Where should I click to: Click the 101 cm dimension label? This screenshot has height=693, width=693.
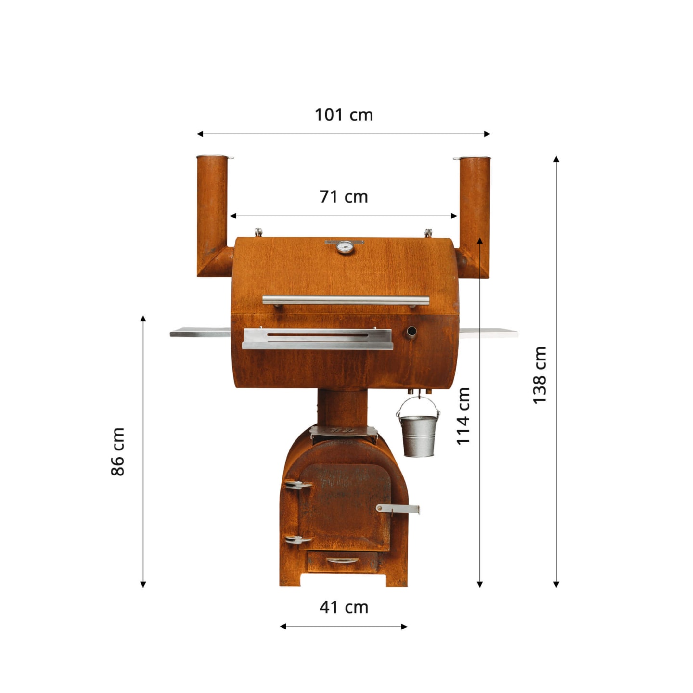344,115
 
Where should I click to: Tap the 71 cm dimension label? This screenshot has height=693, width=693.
344,197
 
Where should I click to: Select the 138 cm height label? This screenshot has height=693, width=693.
539,375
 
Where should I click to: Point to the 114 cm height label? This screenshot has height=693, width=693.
463,416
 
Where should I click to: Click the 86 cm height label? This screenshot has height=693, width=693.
117,452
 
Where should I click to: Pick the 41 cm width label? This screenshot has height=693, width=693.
344,607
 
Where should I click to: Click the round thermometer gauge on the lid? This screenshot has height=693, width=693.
345,247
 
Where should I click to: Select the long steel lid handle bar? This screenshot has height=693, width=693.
346,300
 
